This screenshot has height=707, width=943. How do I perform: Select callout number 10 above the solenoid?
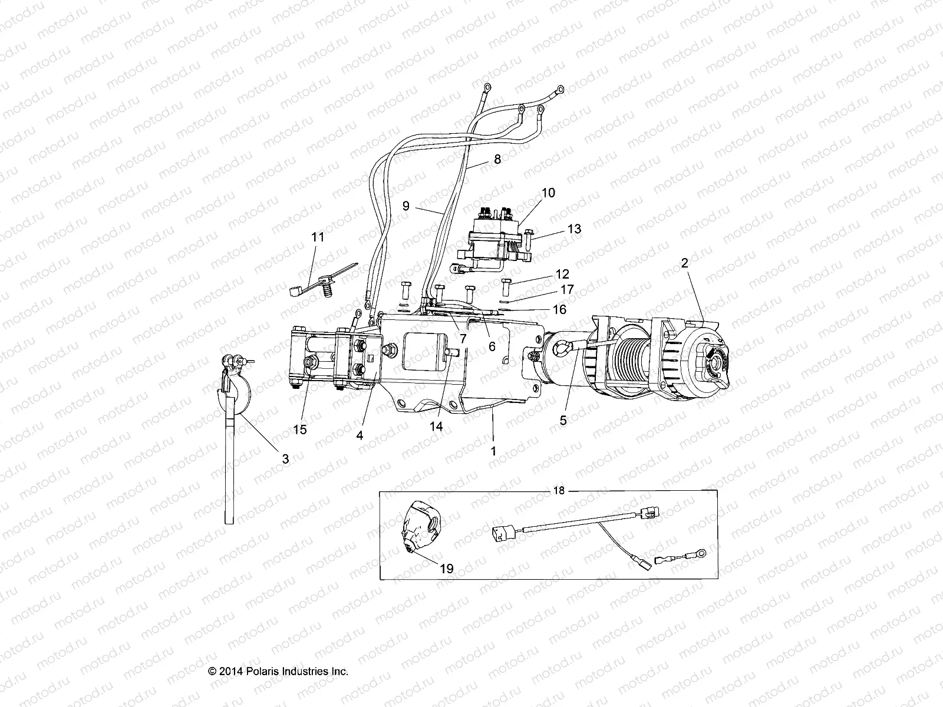(548, 193)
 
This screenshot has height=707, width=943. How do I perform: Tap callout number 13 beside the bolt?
(574, 229)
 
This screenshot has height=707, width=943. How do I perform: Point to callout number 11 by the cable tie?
(318, 237)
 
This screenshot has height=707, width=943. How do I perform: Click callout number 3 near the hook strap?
(285, 458)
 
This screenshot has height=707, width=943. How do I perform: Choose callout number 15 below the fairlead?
(300, 430)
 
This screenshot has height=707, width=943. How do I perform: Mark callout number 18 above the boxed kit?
(559, 491)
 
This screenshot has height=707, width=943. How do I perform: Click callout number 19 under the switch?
(447, 569)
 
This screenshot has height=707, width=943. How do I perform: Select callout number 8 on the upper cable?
(497, 158)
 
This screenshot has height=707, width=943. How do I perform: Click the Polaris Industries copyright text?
(278, 672)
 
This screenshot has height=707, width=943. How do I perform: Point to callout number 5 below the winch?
(563, 421)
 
